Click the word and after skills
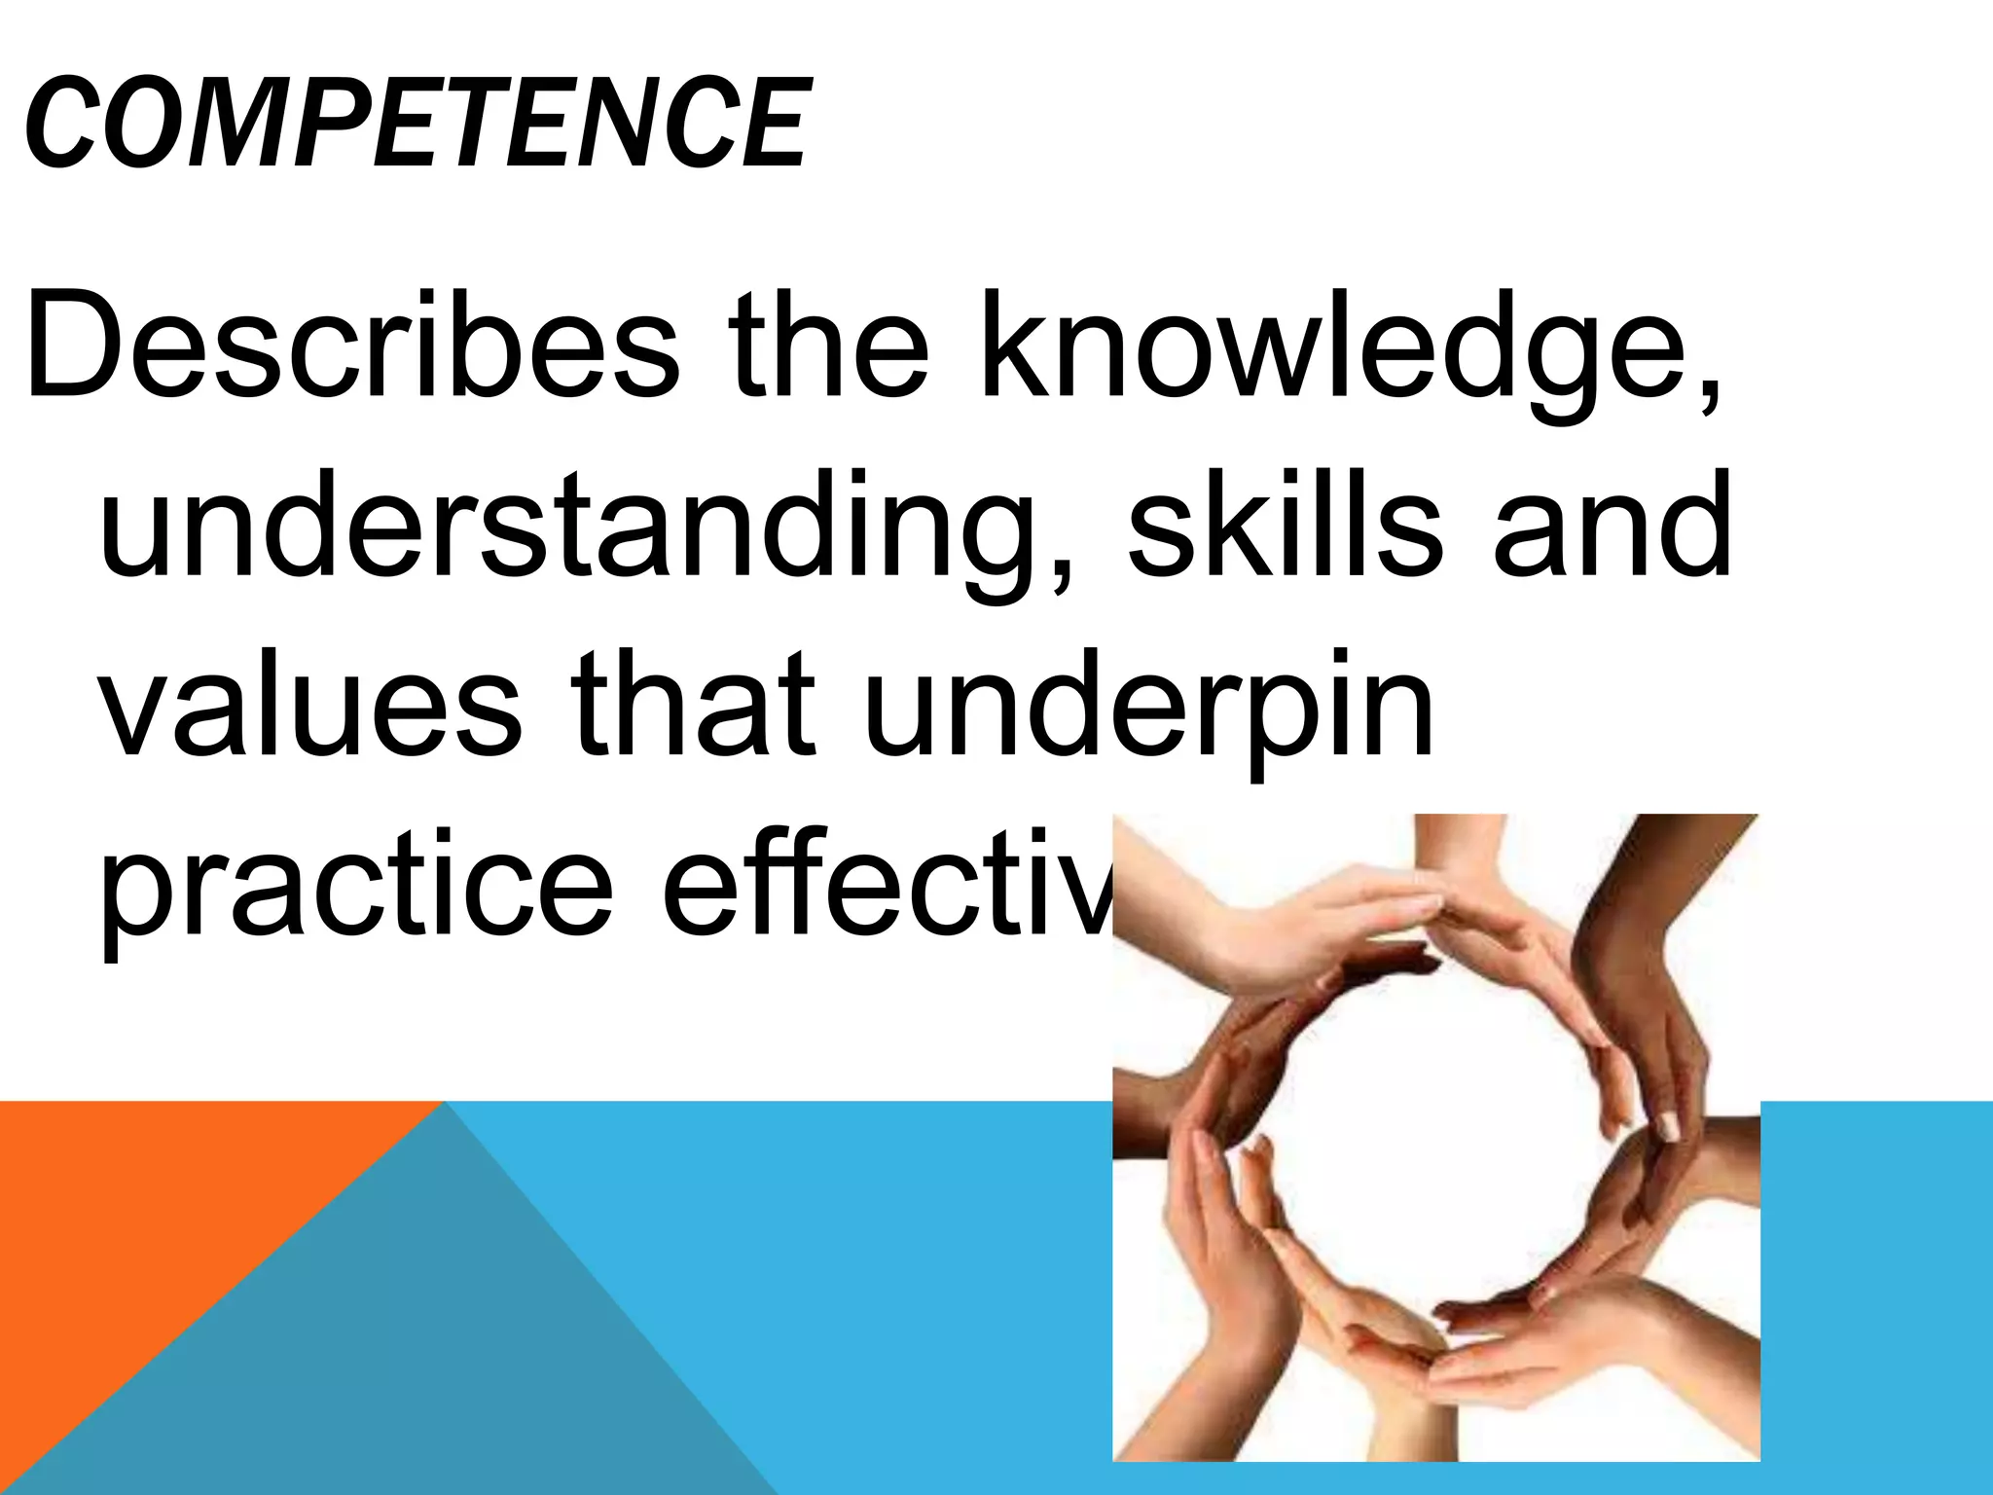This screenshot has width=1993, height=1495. (x=1612, y=526)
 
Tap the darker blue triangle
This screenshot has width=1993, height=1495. (x=409, y=1363)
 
